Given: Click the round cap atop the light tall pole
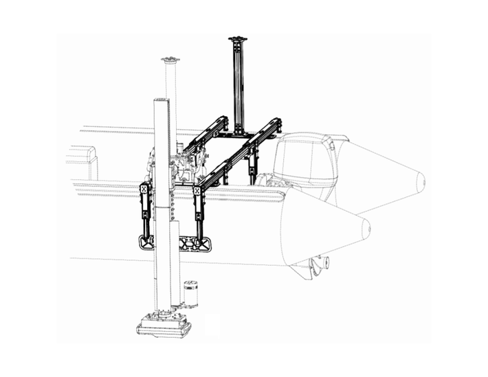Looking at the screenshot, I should coord(169,60).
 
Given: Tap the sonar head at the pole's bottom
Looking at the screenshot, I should coord(164,325).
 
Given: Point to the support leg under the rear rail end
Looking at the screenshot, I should coord(254,165).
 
